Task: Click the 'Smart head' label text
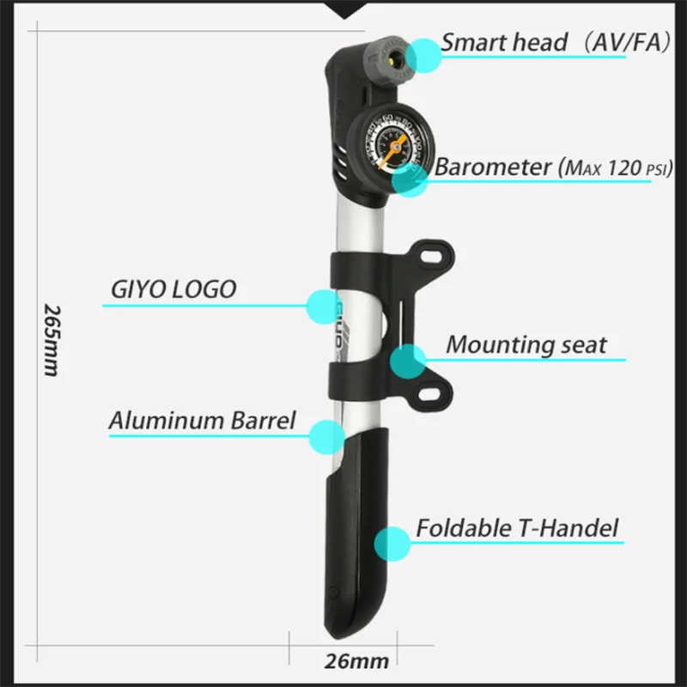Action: (x=505, y=42)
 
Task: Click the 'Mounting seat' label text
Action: (x=526, y=345)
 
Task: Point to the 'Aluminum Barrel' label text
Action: (x=202, y=421)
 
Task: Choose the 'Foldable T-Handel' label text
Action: (x=517, y=527)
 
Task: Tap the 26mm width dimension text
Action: (x=356, y=661)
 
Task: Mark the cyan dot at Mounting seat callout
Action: (x=407, y=362)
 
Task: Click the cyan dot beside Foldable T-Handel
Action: (x=393, y=544)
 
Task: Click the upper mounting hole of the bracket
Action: (x=440, y=255)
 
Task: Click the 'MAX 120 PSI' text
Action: (x=614, y=168)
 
